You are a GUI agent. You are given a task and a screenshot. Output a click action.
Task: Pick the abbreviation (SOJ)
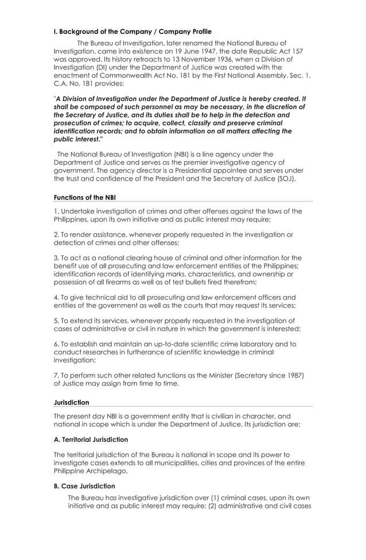[286, 179]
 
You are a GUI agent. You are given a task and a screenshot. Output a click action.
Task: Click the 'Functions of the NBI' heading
[84, 198]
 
